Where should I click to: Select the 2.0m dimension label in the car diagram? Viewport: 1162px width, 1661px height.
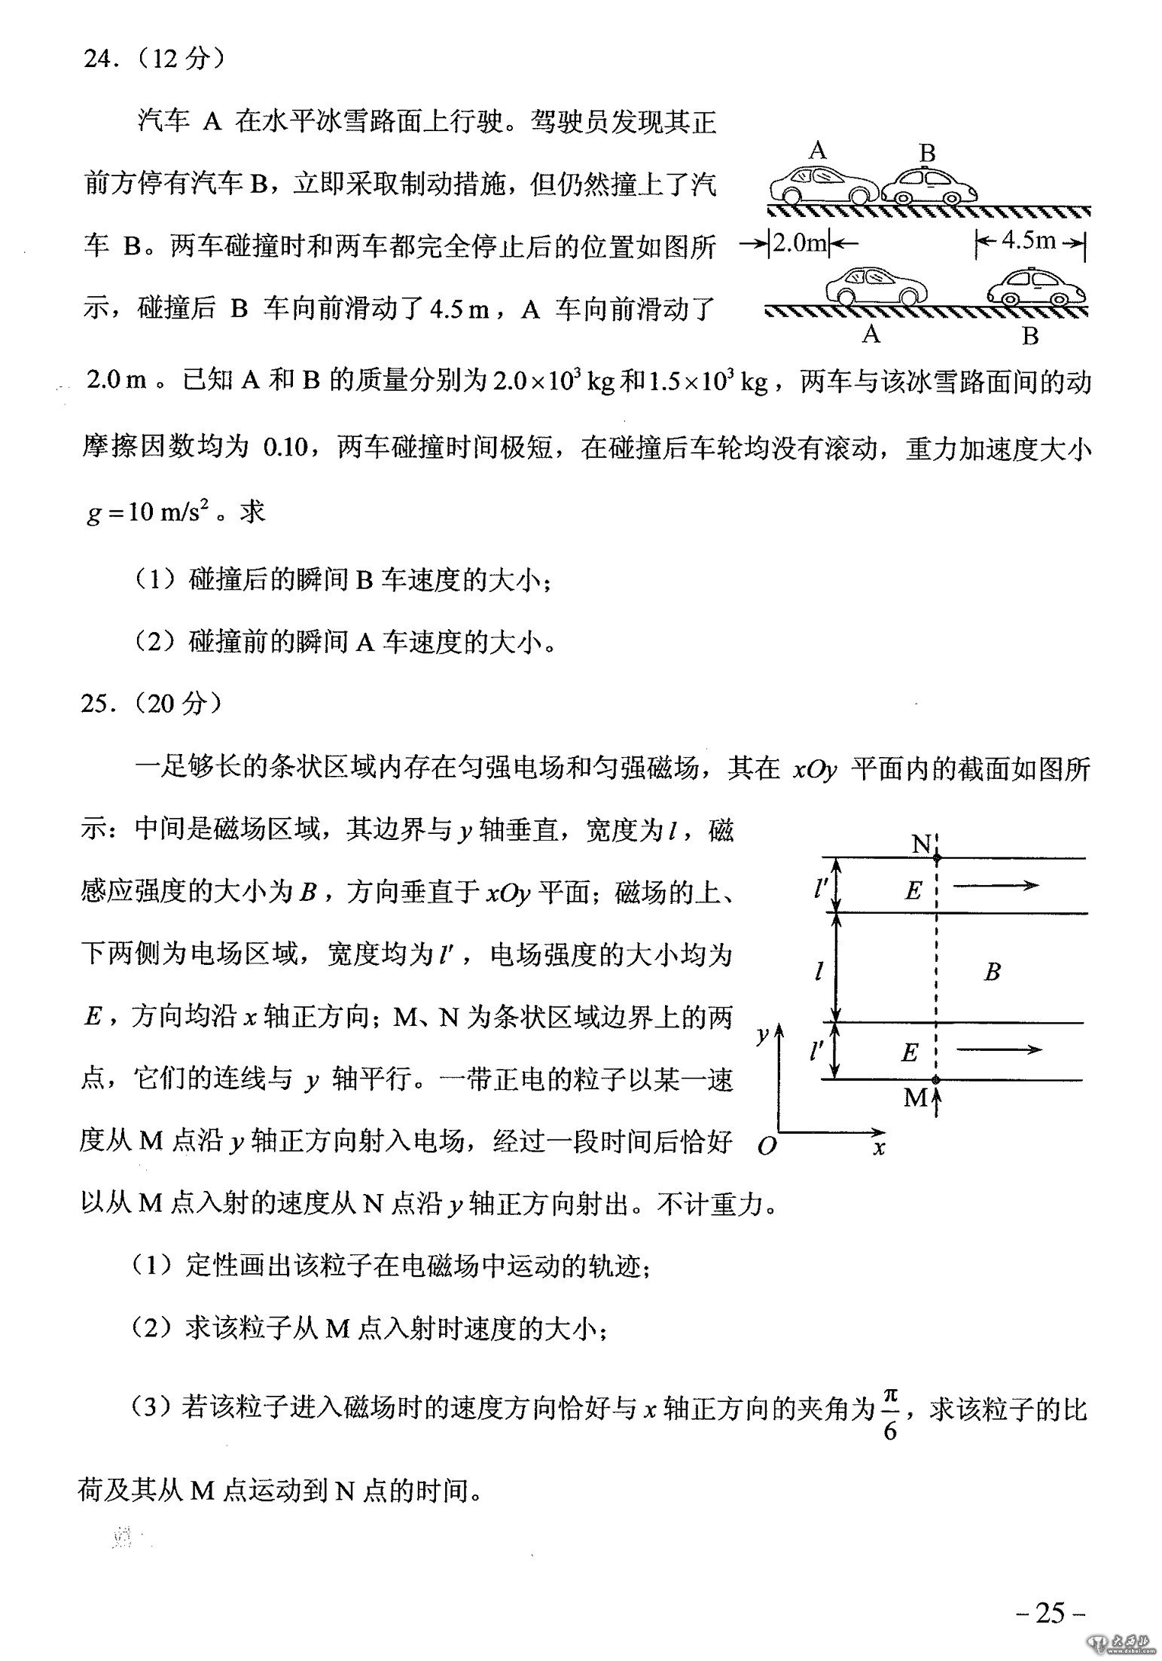coord(801,243)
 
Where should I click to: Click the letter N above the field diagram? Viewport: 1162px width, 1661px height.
coord(921,844)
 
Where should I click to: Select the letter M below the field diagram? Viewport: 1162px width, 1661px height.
coord(916,1098)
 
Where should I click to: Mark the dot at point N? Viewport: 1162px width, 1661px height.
coord(936,857)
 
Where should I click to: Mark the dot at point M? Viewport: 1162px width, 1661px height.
coord(936,1079)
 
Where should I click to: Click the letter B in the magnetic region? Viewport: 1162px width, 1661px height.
coord(992,972)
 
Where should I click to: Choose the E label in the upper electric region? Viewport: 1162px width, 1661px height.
coord(913,891)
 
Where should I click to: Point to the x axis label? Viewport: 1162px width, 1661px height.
coord(878,1147)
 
